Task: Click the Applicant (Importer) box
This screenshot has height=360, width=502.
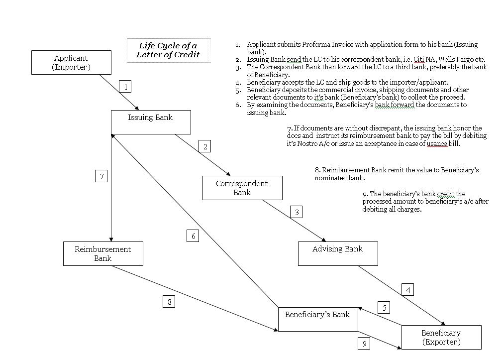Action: coord(71,63)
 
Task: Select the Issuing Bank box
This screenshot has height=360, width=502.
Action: coord(151,122)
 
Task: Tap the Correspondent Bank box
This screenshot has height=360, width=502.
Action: coord(242,188)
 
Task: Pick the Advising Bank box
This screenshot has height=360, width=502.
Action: coord(337,253)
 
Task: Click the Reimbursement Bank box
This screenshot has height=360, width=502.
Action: coord(103,253)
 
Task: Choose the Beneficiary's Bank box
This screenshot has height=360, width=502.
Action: coord(317,319)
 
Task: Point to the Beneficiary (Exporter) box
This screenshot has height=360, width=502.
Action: coord(441,337)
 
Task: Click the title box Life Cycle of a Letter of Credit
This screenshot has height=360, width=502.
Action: coord(168,50)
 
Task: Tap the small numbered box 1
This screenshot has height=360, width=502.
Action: coord(126,87)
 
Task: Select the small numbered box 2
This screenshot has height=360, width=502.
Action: coord(205,146)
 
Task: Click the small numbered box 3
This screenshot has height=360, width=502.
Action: coord(297,212)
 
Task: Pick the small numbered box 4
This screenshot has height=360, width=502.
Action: coord(408,289)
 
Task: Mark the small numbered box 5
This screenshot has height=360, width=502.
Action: coord(384,308)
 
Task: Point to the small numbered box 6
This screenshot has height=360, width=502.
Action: coord(194,236)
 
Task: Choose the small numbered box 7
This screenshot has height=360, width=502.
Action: coord(101,176)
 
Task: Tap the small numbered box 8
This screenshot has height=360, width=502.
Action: coord(169,302)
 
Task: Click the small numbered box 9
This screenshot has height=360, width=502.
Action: coord(364,343)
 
